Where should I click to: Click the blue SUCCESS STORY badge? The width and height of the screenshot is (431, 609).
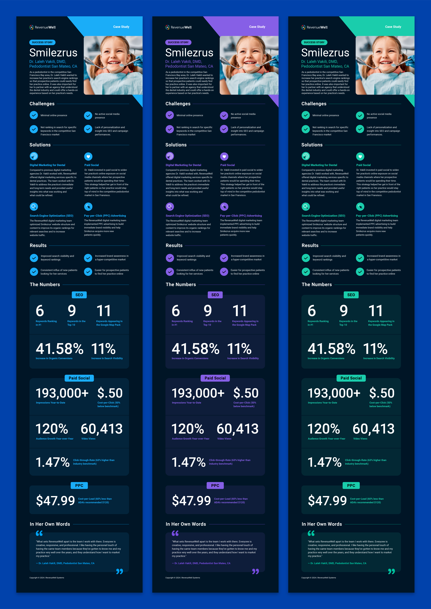(x=42, y=42)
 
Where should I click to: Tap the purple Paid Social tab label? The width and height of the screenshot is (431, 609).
(x=215, y=378)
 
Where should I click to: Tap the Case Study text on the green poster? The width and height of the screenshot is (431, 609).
(x=393, y=27)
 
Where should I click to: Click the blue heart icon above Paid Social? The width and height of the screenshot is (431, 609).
(x=88, y=157)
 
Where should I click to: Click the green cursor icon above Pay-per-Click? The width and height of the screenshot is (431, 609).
(x=360, y=206)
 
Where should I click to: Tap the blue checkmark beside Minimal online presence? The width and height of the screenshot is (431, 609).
(x=34, y=115)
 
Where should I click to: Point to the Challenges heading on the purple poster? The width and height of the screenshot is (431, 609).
(x=178, y=104)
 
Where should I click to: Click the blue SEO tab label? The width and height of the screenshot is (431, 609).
(x=79, y=295)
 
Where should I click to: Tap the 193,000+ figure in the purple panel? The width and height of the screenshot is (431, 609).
(x=198, y=393)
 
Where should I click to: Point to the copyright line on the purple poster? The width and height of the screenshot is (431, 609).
(x=183, y=578)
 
